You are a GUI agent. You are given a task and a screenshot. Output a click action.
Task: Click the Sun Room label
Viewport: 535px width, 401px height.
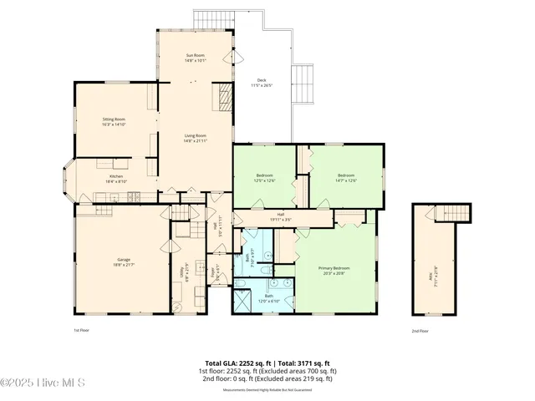[x=195, y=58]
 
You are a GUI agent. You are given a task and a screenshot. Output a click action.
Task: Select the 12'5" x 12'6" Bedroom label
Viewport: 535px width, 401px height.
[x=265, y=177]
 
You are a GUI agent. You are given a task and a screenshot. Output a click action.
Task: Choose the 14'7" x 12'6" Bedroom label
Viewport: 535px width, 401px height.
[x=345, y=177]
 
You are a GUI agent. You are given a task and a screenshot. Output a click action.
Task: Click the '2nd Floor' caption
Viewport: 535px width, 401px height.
[x=420, y=331]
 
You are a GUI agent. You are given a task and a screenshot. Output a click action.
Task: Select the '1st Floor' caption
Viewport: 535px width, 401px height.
[x=82, y=331]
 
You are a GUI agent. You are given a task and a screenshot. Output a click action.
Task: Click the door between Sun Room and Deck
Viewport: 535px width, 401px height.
[x=234, y=58]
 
